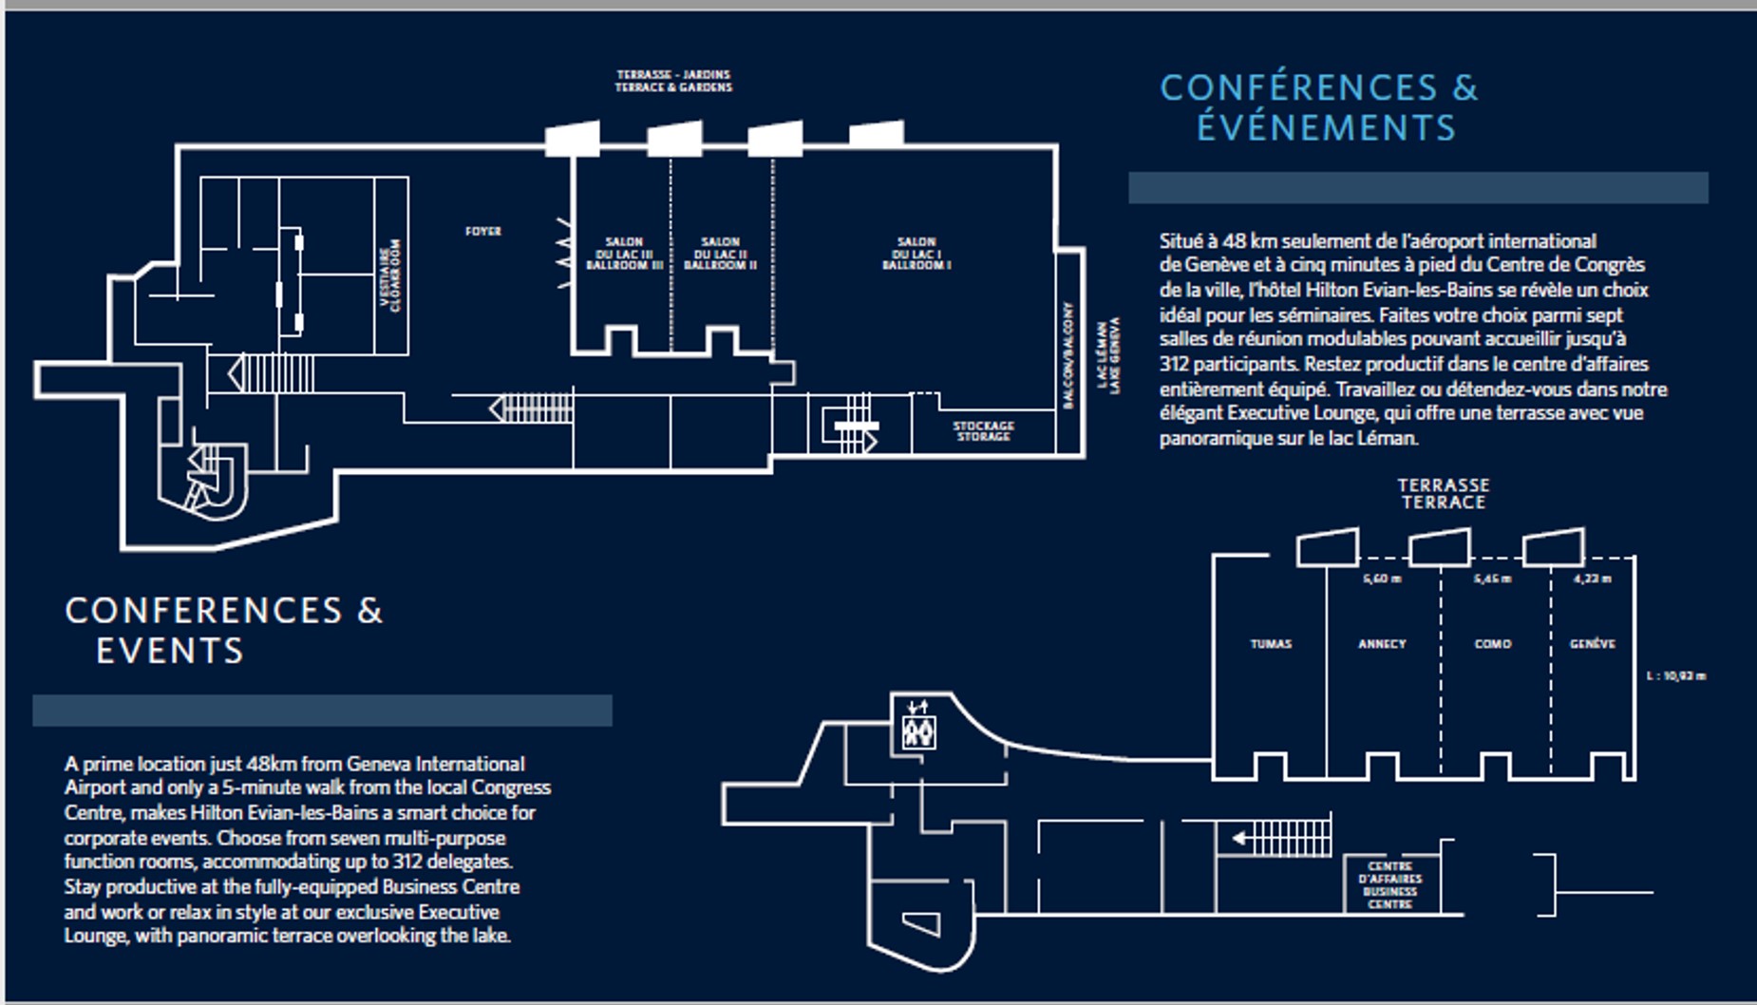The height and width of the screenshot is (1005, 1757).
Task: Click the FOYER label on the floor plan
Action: coord(482,231)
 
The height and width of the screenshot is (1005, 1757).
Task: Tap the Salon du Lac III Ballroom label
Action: coord(624,254)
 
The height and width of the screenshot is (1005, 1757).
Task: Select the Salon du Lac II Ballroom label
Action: coord(720,254)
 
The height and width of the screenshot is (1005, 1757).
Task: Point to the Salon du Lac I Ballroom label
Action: coord(916,254)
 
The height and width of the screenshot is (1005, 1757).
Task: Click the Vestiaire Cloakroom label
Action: coord(390,275)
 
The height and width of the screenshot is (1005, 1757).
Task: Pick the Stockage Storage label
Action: coord(984,431)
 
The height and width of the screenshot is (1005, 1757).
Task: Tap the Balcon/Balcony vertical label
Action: coord(1068,355)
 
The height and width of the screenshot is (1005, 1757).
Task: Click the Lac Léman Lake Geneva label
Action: coord(1108,355)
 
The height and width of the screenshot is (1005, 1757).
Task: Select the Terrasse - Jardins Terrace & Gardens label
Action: coord(673,81)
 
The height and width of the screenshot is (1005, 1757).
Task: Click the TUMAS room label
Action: coord(1271,644)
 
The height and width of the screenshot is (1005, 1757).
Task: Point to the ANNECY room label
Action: coord(1382,644)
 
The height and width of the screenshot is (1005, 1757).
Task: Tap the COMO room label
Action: coord(1492,644)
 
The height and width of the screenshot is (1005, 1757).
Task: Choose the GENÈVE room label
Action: coord(1593,644)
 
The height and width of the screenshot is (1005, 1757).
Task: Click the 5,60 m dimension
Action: coord(1382,578)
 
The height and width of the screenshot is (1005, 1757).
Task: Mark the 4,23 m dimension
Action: coord(1593,578)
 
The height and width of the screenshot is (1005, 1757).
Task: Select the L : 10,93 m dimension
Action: coord(1676,676)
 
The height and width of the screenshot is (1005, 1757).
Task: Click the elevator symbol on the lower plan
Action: coord(918,731)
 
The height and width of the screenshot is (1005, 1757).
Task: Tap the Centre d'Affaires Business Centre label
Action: coord(1390,885)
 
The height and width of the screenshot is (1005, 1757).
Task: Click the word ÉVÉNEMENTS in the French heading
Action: coord(1326,128)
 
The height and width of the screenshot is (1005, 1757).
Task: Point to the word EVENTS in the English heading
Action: coord(170,652)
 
